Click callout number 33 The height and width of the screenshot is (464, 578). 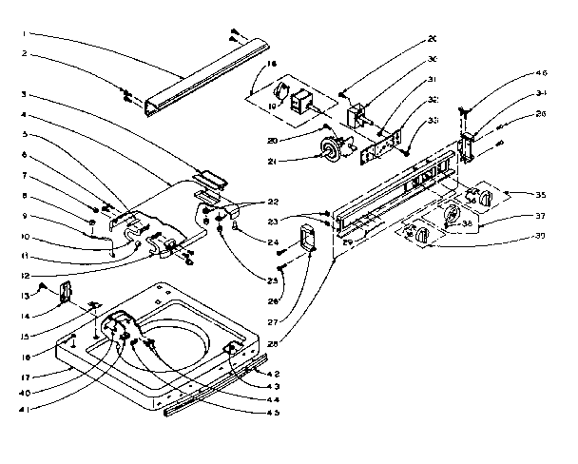coord(433,120)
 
